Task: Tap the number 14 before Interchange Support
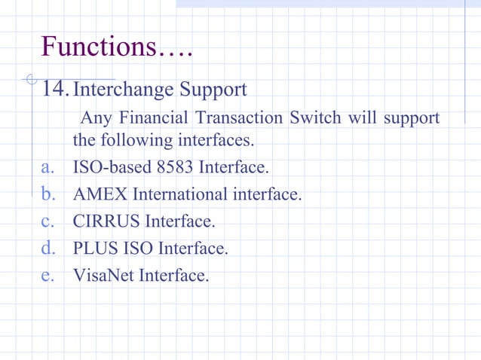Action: [x=54, y=90]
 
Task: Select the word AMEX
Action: [x=100, y=195]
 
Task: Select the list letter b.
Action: [x=47, y=194]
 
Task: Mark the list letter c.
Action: [x=47, y=222]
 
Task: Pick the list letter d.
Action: [x=47, y=248]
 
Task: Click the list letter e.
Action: [x=47, y=276]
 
